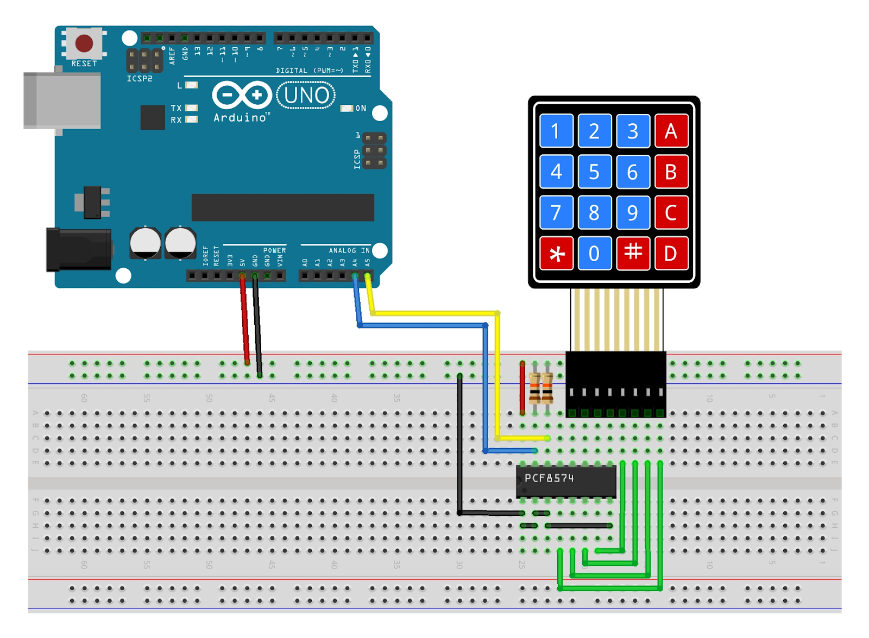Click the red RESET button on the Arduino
pos(84,43)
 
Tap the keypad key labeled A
pos(671,131)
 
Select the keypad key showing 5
pos(594,172)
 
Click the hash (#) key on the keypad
pos(633,253)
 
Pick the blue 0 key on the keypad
pos(594,253)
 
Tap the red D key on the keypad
pos(671,253)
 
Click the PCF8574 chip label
pos(549,478)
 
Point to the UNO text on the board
pos(306,96)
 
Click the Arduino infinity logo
pos(242,96)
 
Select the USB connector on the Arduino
pos(61,101)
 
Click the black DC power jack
pos(78,250)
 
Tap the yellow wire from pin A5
pos(434,313)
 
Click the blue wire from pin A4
pos(424,325)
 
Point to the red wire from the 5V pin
pos(244,320)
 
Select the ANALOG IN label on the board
pos(349,250)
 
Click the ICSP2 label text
pos(140,79)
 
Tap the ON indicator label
pos(361,109)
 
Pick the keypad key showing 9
pos(633,212)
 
